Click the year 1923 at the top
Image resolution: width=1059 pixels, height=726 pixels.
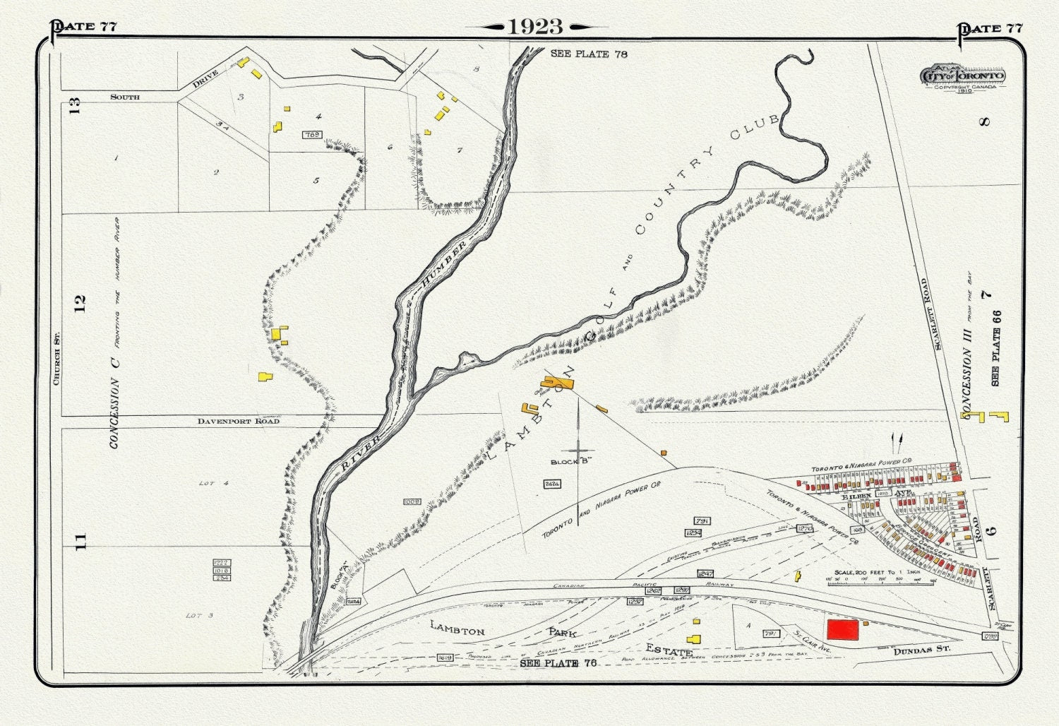click(535, 27)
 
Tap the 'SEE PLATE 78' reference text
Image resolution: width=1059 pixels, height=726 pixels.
click(589, 54)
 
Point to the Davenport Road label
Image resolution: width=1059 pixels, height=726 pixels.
click(238, 421)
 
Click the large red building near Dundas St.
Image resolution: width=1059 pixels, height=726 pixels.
click(843, 630)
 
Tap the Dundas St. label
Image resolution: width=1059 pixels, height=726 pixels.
click(921, 649)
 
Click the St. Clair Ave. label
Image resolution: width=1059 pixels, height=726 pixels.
click(813, 640)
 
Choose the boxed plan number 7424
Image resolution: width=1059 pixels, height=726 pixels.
click(552, 484)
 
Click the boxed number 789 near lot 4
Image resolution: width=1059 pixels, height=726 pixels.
click(311, 134)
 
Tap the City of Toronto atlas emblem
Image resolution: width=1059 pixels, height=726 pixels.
click(962, 77)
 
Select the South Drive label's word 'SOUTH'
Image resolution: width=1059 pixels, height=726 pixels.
click(125, 97)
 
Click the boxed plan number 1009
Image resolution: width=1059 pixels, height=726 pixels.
click(412, 502)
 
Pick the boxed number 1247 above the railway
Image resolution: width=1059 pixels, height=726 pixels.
click(705, 573)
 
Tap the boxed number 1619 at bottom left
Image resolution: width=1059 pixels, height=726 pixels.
click(445, 657)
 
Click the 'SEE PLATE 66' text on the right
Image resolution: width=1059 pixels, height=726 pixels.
click(995, 348)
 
